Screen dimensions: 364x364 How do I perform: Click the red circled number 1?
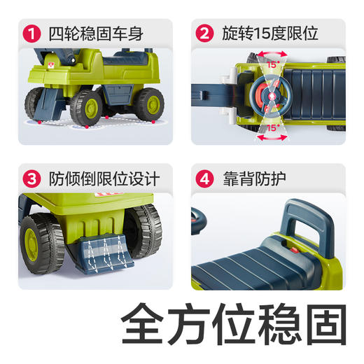tap(29, 33)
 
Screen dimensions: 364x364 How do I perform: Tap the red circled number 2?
tap(204, 33)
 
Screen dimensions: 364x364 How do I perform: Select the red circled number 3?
tap(29, 178)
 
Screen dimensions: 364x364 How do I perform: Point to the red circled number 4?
tap(204, 178)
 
